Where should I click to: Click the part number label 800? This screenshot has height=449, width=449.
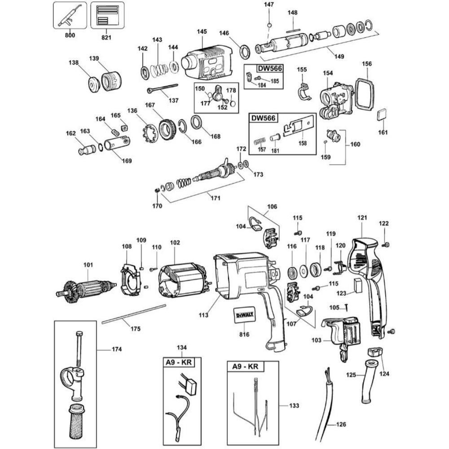click(x=70, y=35)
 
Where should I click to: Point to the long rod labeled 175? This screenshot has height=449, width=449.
click(x=132, y=313)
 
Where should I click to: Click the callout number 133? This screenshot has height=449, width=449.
click(x=294, y=405)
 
